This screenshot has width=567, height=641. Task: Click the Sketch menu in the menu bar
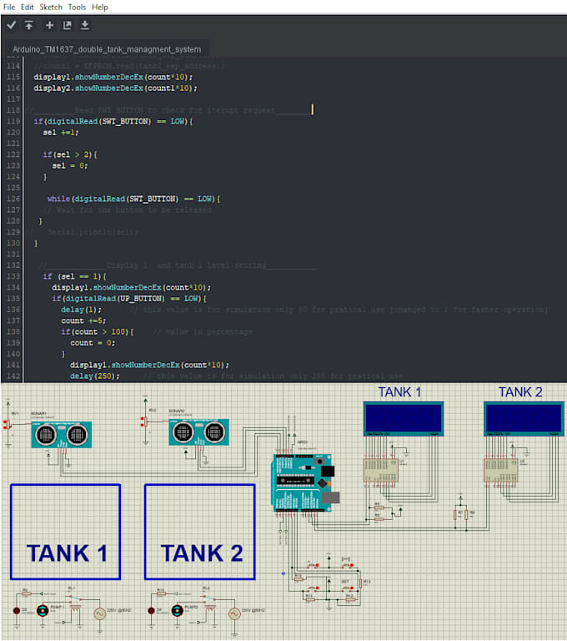(51, 7)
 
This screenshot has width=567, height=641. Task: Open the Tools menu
(77, 7)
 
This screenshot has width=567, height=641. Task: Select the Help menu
(100, 7)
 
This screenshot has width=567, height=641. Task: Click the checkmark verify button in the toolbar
(11, 25)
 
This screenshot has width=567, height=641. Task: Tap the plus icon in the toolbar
(49, 25)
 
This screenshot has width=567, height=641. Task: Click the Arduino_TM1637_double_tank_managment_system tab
(107, 49)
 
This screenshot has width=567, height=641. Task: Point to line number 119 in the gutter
(13, 121)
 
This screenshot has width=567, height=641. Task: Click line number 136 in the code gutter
(13, 310)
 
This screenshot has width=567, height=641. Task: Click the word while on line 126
(58, 199)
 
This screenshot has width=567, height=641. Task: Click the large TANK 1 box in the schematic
(65, 532)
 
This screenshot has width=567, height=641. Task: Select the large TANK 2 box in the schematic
(200, 532)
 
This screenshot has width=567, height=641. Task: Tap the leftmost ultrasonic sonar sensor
(60, 434)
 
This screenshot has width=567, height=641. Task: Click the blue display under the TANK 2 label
(524, 417)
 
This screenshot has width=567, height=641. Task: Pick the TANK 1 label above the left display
(399, 392)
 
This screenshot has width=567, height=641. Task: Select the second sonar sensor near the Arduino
(198, 432)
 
